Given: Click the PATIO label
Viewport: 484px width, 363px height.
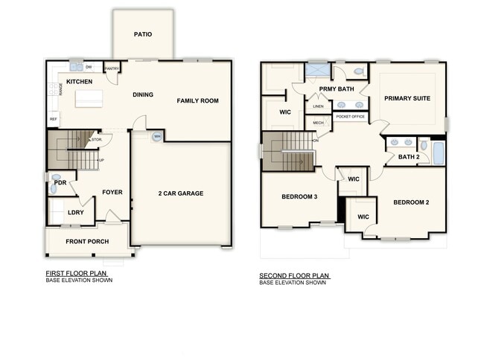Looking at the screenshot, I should [x=143, y=34].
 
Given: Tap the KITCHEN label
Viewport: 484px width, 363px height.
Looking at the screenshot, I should [x=79, y=81].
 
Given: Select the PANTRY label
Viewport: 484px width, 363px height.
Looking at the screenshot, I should [x=112, y=68].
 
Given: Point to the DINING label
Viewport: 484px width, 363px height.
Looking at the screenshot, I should [x=142, y=94].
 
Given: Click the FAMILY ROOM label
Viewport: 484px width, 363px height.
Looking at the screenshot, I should [x=197, y=100].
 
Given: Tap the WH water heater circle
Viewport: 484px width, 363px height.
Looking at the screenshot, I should [x=157, y=137].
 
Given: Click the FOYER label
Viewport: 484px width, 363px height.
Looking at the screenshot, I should [x=112, y=193].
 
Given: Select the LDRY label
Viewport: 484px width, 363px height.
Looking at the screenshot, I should [x=75, y=213].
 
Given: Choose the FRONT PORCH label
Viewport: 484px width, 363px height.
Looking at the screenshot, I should [x=87, y=242].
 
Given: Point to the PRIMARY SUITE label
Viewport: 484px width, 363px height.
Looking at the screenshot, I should [x=407, y=98].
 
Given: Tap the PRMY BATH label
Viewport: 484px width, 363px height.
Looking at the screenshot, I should [x=336, y=89].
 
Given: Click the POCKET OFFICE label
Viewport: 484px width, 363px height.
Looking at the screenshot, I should [x=350, y=117].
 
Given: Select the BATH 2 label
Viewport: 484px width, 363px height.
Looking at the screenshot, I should [x=408, y=157].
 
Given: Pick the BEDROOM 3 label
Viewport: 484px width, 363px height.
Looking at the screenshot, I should [x=299, y=197].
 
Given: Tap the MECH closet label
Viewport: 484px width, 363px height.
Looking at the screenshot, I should [x=318, y=123].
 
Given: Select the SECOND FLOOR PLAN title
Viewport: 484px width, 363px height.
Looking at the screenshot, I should [x=294, y=276].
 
